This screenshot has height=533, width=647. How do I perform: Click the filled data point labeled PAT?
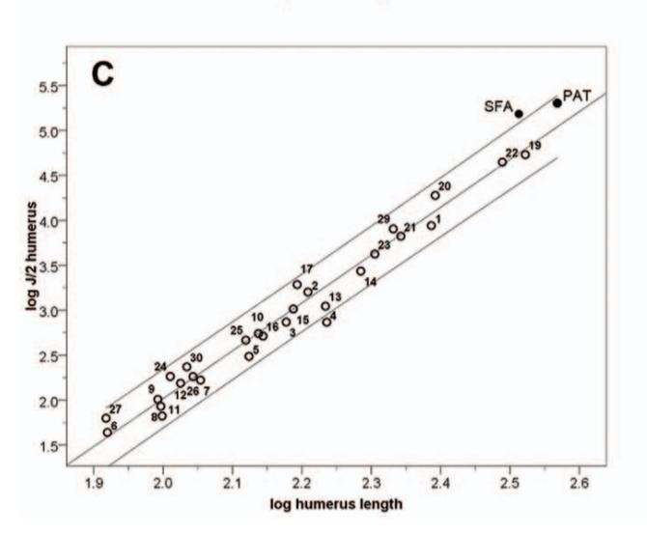[x=557, y=103]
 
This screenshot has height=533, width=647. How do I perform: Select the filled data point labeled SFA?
[x=519, y=114]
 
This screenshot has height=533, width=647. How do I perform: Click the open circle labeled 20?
[x=436, y=195]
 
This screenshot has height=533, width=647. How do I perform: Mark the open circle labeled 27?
[x=106, y=418]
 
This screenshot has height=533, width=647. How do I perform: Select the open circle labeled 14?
[x=361, y=271]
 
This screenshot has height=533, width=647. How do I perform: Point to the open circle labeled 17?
[x=297, y=284]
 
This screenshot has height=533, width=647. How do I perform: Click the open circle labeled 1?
[x=432, y=226]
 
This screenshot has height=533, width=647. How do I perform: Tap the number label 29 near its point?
[x=383, y=219]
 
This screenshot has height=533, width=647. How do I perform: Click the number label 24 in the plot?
[x=160, y=366]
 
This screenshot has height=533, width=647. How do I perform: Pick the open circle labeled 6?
[x=107, y=433]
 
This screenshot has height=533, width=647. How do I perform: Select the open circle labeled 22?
[x=502, y=162]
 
